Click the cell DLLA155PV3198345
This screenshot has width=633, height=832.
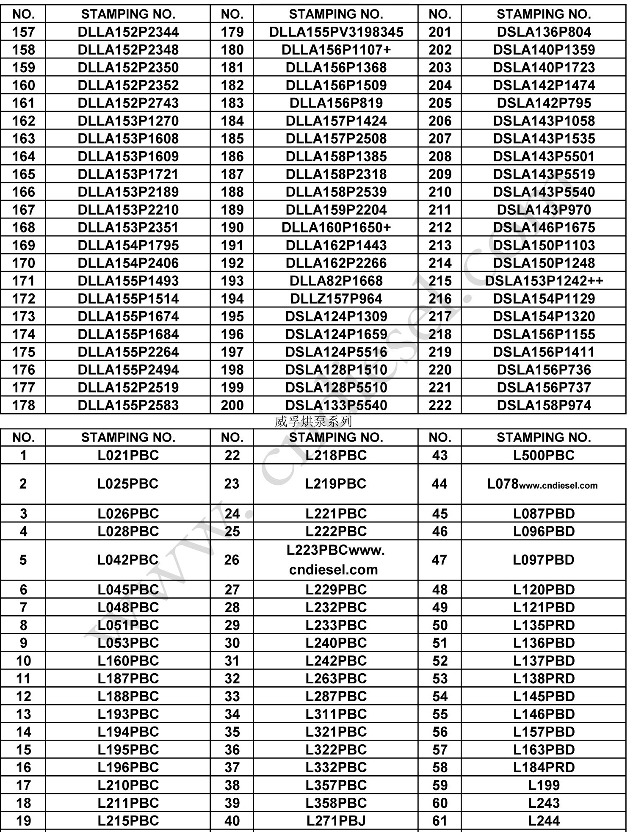tap(336, 32)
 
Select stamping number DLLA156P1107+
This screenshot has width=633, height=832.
tap(336, 50)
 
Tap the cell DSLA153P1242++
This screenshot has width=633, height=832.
tap(544, 281)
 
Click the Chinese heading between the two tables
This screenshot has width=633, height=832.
tap(313, 421)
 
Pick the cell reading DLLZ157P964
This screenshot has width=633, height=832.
tap(336, 299)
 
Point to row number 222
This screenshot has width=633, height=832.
tap(440, 406)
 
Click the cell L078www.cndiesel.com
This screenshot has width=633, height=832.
tap(542, 484)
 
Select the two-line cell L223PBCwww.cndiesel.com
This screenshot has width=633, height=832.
tap(335, 560)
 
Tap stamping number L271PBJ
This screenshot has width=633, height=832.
tap(336, 821)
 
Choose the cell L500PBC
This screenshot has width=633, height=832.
tap(544, 456)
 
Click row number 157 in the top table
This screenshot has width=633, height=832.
tap(23, 32)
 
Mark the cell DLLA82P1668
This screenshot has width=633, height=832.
tap(336, 281)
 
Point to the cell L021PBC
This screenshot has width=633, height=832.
tap(128, 456)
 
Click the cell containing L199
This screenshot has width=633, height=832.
tap(544, 785)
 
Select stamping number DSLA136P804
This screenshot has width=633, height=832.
tap(544, 32)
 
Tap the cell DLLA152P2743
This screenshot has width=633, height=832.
tap(128, 103)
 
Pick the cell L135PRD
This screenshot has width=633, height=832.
tap(544, 625)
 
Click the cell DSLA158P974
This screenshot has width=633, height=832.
tap(544, 406)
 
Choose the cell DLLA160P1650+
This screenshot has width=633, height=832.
tap(336, 228)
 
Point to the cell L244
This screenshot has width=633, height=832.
tap(544, 821)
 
